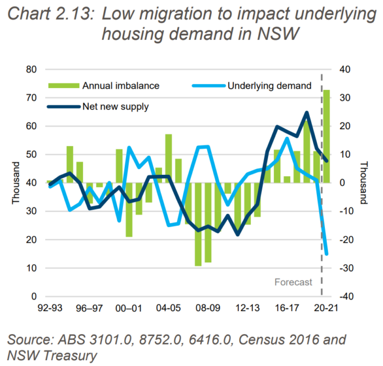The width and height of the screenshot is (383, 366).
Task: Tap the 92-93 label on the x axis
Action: pos(50,308)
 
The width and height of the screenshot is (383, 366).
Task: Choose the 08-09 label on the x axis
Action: pos(207,308)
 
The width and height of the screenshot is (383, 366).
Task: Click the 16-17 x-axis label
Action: pos(286,308)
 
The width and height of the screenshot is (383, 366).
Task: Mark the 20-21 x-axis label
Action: pos(326,308)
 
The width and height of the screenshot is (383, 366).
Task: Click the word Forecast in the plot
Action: pos(293,283)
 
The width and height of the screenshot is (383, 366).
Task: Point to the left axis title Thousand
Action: pos(15,183)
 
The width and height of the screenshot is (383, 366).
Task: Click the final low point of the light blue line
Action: pos(327,254)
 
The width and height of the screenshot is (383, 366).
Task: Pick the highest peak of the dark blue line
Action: pos(306,112)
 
